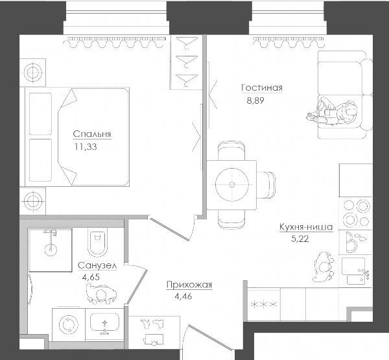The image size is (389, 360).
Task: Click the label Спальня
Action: pyautogui.click(x=92, y=134)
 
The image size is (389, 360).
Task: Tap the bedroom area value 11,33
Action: pyautogui.click(x=86, y=147)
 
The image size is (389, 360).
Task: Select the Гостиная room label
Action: pyautogui.click(x=262, y=88)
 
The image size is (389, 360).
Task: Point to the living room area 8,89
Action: pyautogui.click(x=255, y=101)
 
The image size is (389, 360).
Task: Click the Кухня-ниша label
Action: pyautogui.click(x=306, y=227)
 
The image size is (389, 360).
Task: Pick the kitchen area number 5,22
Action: pyautogui.click(x=300, y=239)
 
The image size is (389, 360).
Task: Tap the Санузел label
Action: pyautogui.click(x=97, y=265)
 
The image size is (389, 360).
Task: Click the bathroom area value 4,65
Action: pyautogui.click(x=91, y=277)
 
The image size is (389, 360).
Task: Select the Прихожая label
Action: pyautogui.click(x=189, y=285)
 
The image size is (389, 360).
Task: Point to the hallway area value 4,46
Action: pyautogui.click(x=183, y=296)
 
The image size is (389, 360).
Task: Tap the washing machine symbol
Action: pyautogui.click(x=69, y=324)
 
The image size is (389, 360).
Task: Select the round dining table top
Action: pyautogui.click(x=232, y=184)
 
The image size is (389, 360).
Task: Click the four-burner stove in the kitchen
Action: pyautogui.click(x=356, y=213)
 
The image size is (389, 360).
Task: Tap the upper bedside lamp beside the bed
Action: pyautogui.click(x=32, y=73)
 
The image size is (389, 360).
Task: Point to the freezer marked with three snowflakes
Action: pyautogui.click(x=264, y=304)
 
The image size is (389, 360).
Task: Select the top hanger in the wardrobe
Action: pyautogui.click(x=187, y=42)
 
